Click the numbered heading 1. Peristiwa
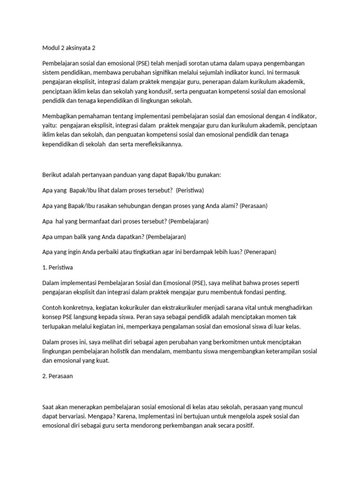(x=58, y=267)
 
